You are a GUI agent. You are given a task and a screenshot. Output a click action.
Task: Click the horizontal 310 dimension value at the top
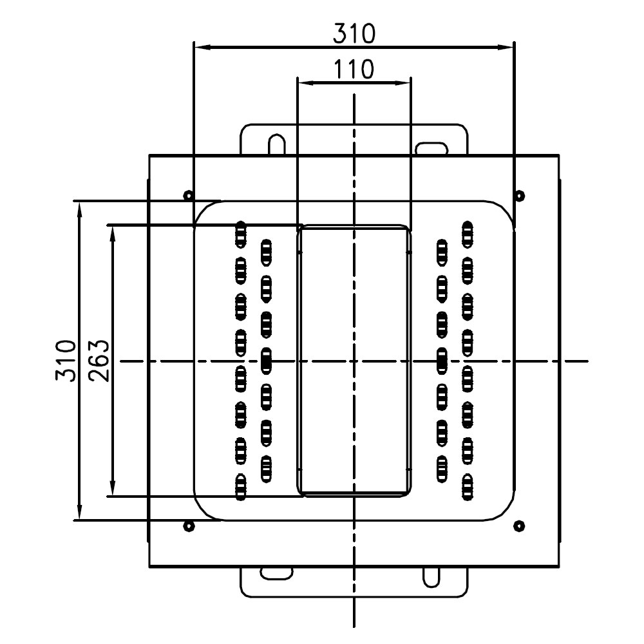(x=354, y=33)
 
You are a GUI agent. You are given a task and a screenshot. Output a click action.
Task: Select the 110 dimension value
(x=354, y=69)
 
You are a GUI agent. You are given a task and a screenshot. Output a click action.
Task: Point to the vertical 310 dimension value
(x=64, y=361)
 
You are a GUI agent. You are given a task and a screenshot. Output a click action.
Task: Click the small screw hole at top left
(x=187, y=195)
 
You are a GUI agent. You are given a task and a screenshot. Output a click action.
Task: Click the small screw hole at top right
(x=520, y=195)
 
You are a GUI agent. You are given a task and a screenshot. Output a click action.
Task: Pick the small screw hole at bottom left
(x=188, y=526)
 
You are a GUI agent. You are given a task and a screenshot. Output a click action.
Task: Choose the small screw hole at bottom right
(x=519, y=526)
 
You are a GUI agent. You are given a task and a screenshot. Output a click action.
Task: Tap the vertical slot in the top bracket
(x=277, y=144)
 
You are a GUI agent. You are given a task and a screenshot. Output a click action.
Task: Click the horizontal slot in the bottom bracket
(x=276, y=572)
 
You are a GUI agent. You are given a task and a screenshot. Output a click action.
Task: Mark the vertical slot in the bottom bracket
(x=430, y=577)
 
